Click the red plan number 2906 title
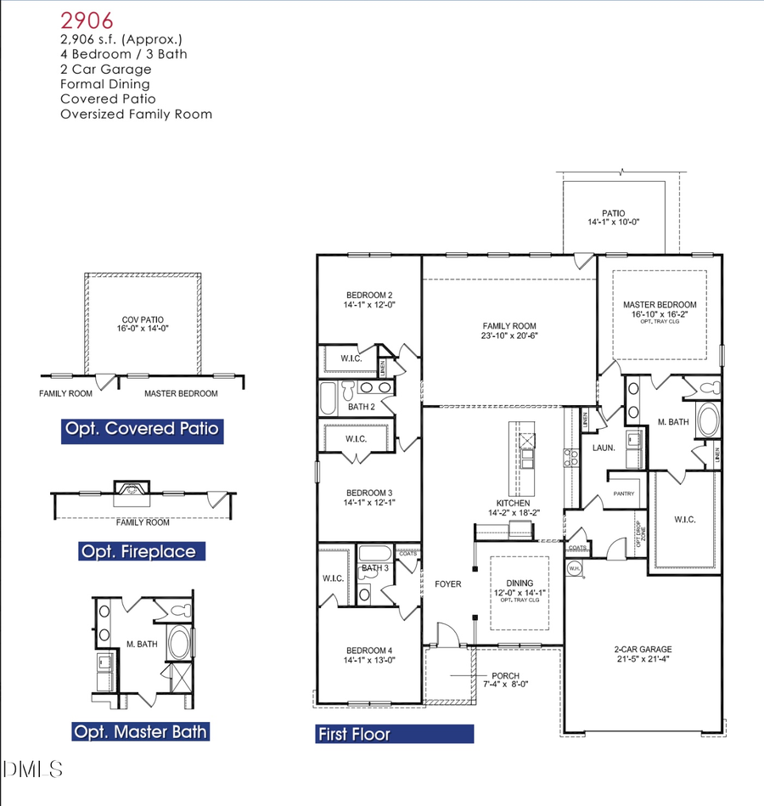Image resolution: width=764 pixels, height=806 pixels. pos(87,20)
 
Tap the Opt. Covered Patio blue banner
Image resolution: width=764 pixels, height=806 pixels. pos(143,429)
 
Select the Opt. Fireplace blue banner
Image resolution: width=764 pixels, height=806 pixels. pos(138,552)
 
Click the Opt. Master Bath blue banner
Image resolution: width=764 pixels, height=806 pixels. pos(140,731)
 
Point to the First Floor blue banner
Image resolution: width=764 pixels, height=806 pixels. pos(393,734)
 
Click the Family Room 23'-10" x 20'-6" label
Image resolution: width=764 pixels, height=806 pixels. pos(509,330)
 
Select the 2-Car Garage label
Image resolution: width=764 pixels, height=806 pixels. pos(643,653)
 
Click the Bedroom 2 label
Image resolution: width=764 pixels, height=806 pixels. pos(368,299)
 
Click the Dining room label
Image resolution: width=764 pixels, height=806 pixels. pos(518,585)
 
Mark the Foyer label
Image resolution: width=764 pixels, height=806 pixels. pos(448,583)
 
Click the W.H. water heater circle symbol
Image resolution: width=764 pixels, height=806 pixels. pos(575,568)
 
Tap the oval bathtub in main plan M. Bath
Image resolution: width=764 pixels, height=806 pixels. pos(706,421)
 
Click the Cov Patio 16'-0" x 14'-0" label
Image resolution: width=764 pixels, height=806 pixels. pos(142,325)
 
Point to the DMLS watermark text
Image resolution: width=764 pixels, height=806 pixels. pos(33,769)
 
